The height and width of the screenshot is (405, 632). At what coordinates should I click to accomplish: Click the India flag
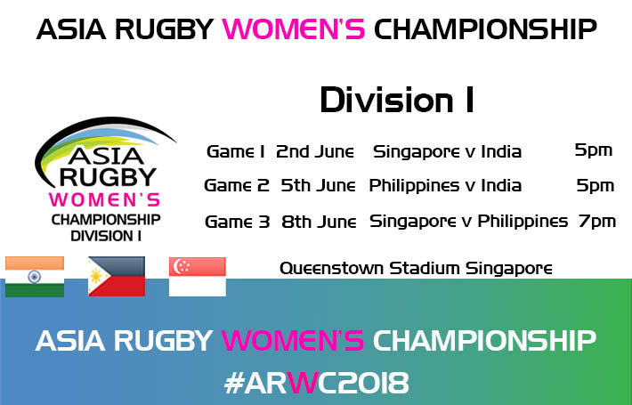[34, 277]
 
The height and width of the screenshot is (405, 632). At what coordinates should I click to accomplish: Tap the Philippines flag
[117, 277]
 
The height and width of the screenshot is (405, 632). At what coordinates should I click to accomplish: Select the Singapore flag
[197, 277]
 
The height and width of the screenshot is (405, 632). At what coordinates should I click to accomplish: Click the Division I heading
[397, 101]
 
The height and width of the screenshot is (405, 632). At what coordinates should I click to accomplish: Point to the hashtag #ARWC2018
[316, 383]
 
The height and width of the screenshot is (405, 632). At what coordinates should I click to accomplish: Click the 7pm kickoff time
[597, 222]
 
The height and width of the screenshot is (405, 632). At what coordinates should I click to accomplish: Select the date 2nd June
[315, 152]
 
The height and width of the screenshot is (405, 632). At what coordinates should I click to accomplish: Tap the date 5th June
[318, 186]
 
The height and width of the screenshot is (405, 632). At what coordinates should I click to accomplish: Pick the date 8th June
[319, 222]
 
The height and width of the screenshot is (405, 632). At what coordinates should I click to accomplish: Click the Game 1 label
[235, 152]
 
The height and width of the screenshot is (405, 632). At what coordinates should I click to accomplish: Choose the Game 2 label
[237, 186]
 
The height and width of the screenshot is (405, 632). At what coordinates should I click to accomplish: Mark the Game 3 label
[238, 222]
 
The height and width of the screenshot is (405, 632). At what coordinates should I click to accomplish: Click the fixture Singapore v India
[447, 153]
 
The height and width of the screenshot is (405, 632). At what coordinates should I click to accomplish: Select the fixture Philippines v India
[445, 187]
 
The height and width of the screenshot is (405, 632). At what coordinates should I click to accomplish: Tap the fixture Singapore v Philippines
[468, 222]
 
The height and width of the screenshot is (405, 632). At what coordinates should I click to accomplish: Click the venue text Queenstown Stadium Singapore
[416, 269]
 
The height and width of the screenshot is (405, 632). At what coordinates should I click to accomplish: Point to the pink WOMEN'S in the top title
[294, 29]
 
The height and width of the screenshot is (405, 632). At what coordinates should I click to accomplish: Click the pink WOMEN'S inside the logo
[104, 200]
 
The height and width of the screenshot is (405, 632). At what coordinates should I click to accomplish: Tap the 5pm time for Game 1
[594, 150]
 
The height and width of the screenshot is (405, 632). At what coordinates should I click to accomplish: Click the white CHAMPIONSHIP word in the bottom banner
[484, 341]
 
